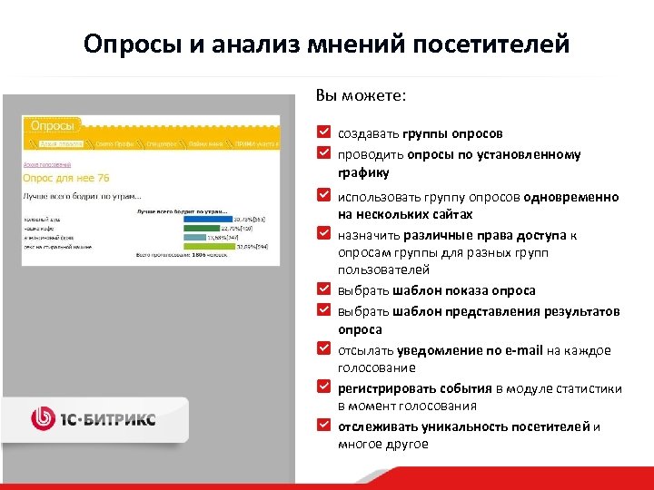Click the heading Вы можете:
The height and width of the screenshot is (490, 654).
coord(361,94)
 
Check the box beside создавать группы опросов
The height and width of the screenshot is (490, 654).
coord(324,132)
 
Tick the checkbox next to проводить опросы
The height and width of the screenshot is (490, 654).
coord(324,152)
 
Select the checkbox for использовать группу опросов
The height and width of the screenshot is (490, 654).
coord(324,195)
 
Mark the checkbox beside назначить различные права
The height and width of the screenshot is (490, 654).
coord(324,234)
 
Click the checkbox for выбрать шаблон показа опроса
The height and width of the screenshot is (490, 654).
coord(324,289)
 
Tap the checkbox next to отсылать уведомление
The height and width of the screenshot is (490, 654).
coord(324,348)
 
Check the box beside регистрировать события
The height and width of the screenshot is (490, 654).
coord(324,387)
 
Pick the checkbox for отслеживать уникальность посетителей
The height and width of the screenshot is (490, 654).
coord(324,425)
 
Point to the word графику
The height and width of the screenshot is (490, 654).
coord(363,172)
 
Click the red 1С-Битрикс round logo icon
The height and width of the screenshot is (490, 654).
coord(44,418)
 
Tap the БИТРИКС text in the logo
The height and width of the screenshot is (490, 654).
coord(121,419)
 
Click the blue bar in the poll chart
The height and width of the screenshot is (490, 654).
coord(207,219)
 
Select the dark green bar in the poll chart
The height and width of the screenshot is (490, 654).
coord(203,228)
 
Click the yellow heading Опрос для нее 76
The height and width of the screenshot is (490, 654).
coord(65,178)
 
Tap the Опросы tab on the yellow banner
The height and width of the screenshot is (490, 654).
coord(52,125)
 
